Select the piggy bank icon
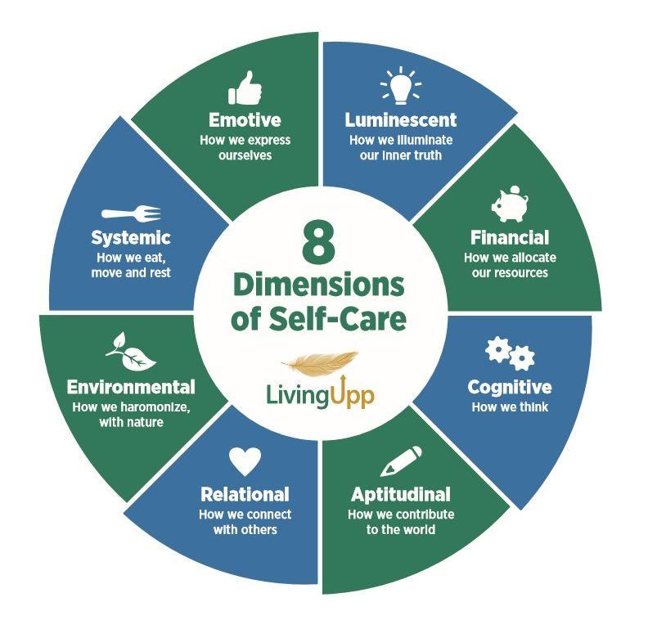point(510,204)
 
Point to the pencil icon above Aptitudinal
point(402,461)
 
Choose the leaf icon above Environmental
point(130,351)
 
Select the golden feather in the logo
point(320,362)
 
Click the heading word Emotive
point(245,120)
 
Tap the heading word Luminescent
point(401,120)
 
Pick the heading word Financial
point(509,238)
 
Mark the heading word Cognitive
point(509,387)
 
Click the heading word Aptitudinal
point(401,495)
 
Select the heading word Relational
point(245,495)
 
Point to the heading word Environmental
point(131,387)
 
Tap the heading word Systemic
point(131,238)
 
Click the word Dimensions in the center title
point(318,285)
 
